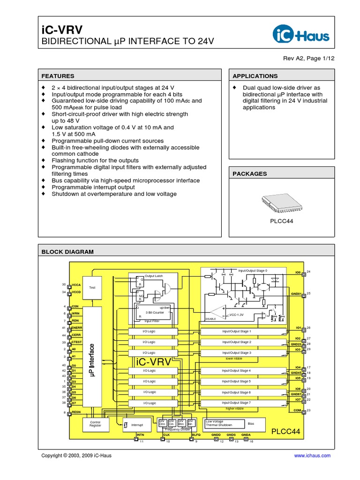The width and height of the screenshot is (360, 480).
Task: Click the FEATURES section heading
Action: (x=58, y=76)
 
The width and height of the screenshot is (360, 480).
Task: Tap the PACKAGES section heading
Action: (x=249, y=173)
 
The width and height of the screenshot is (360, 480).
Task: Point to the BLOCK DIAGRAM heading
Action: (x=67, y=252)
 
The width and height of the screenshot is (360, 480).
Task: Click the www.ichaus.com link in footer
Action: (x=312, y=455)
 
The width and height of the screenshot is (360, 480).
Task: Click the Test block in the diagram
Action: (x=92, y=287)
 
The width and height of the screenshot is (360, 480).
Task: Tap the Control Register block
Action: (x=95, y=424)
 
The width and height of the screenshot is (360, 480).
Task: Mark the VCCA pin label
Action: (x=77, y=285)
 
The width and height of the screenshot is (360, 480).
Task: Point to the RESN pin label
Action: (x=77, y=412)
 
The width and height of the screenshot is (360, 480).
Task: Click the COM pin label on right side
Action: (x=298, y=410)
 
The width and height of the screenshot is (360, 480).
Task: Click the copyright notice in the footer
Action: (x=76, y=455)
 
